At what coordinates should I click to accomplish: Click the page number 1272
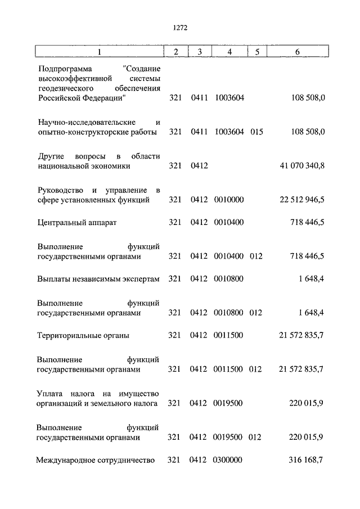pos(180,26)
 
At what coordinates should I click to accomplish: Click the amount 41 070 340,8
pos(301,166)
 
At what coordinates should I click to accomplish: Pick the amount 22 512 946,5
pos(301,200)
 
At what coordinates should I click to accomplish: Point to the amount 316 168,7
pos(306,460)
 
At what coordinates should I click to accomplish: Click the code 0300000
pos(228,460)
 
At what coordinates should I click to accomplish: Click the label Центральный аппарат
pos(77,222)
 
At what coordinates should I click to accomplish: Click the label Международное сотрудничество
pos(95,460)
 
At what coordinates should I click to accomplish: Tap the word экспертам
pos(141,279)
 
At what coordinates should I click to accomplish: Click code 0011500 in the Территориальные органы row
pos(229,335)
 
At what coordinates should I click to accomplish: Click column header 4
pos(229,52)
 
